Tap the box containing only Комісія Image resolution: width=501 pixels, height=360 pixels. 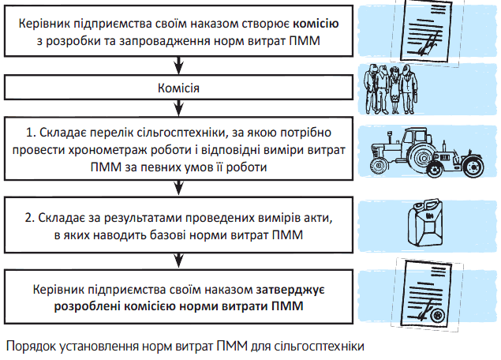(178, 88)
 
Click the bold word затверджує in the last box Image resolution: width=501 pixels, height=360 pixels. (293, 291)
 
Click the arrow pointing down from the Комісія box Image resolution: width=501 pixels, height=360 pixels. (178, 109)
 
